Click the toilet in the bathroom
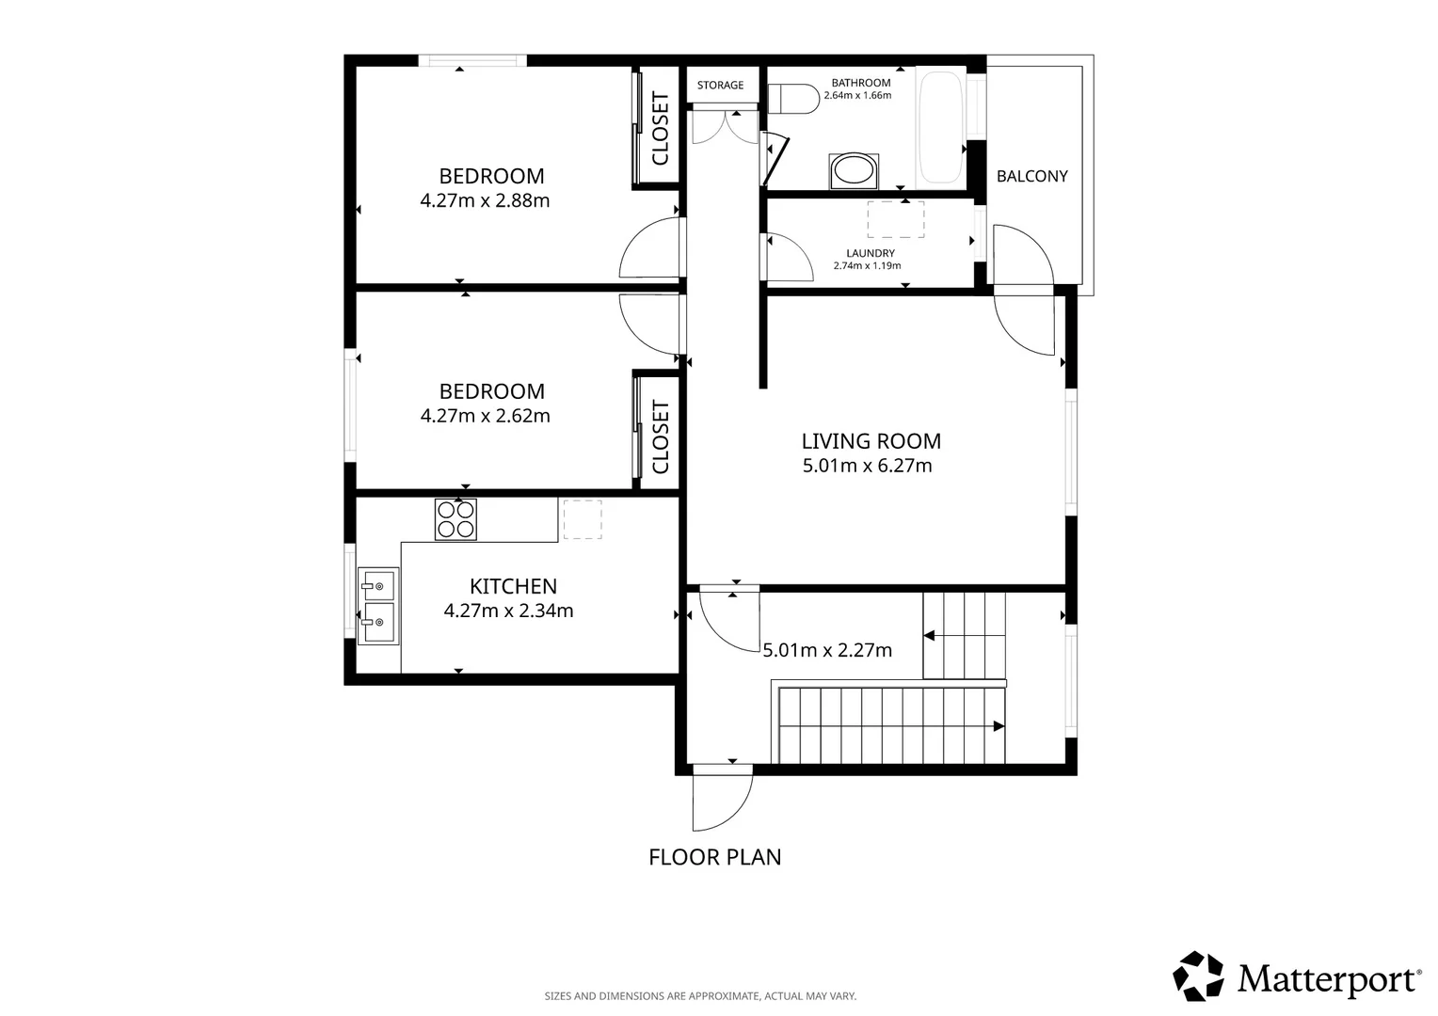(x=793, y=99)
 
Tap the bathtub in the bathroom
(x=941, y=127)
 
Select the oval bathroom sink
(x=854, y=171)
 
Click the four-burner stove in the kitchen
(x=455, y=519)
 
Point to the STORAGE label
(x=720, y=85)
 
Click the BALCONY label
(x=1031, y=176)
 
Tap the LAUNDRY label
(x=870, y=253)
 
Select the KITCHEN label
(x=513, y=586)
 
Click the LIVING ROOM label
(x=871, y=441)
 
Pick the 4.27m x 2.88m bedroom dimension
(x=485, y=201)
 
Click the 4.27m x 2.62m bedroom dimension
(x=485, y=416)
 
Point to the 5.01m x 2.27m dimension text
(x=827, y=650)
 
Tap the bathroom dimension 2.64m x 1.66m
(x=857, y=95)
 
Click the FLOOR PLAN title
(x=714, y=857)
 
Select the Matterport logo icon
(x=1198, y=976)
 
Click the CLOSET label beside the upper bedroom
(x=660, y=128)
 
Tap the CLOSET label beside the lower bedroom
(x=660, y=437)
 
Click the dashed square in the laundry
(x=896, y=219)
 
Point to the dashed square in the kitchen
(x=583, y=519)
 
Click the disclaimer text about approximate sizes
(x=700, y=996)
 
